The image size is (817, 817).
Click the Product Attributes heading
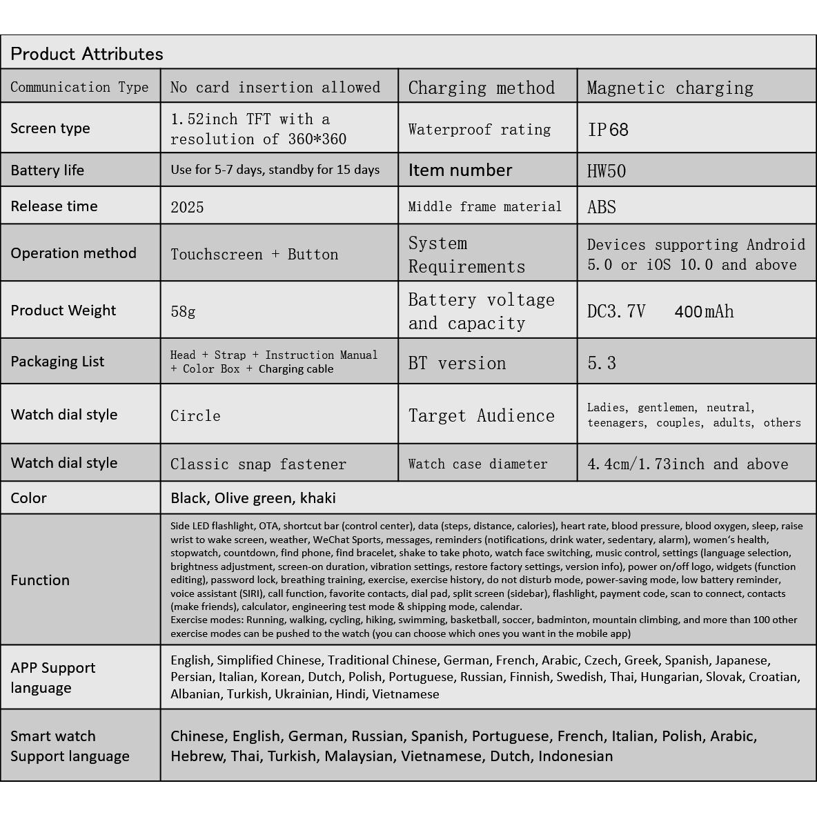click(87, 54)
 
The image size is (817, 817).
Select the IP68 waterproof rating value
click(608, 130)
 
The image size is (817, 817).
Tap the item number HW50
click(607, 171)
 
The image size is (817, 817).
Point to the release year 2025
click(187, 207)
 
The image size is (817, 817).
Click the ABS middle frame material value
click(602, 207)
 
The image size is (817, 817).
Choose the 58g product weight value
click(183, 311)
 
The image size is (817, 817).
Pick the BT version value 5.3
click(602, 363)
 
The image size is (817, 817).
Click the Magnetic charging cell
click(670, 88)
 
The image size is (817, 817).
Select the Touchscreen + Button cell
click(255, 254)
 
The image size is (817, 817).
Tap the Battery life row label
click(47, 170)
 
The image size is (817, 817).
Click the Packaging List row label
click(57, 362)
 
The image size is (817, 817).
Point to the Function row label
click(40, 580)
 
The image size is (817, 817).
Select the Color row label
click(28, 498)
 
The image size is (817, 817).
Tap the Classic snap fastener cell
click(258, 464)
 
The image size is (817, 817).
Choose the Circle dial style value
click(195, 416)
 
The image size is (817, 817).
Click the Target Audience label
click(482, 415)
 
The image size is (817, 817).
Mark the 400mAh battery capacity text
click(704, 311)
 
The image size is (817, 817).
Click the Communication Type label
click(79, 87)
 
